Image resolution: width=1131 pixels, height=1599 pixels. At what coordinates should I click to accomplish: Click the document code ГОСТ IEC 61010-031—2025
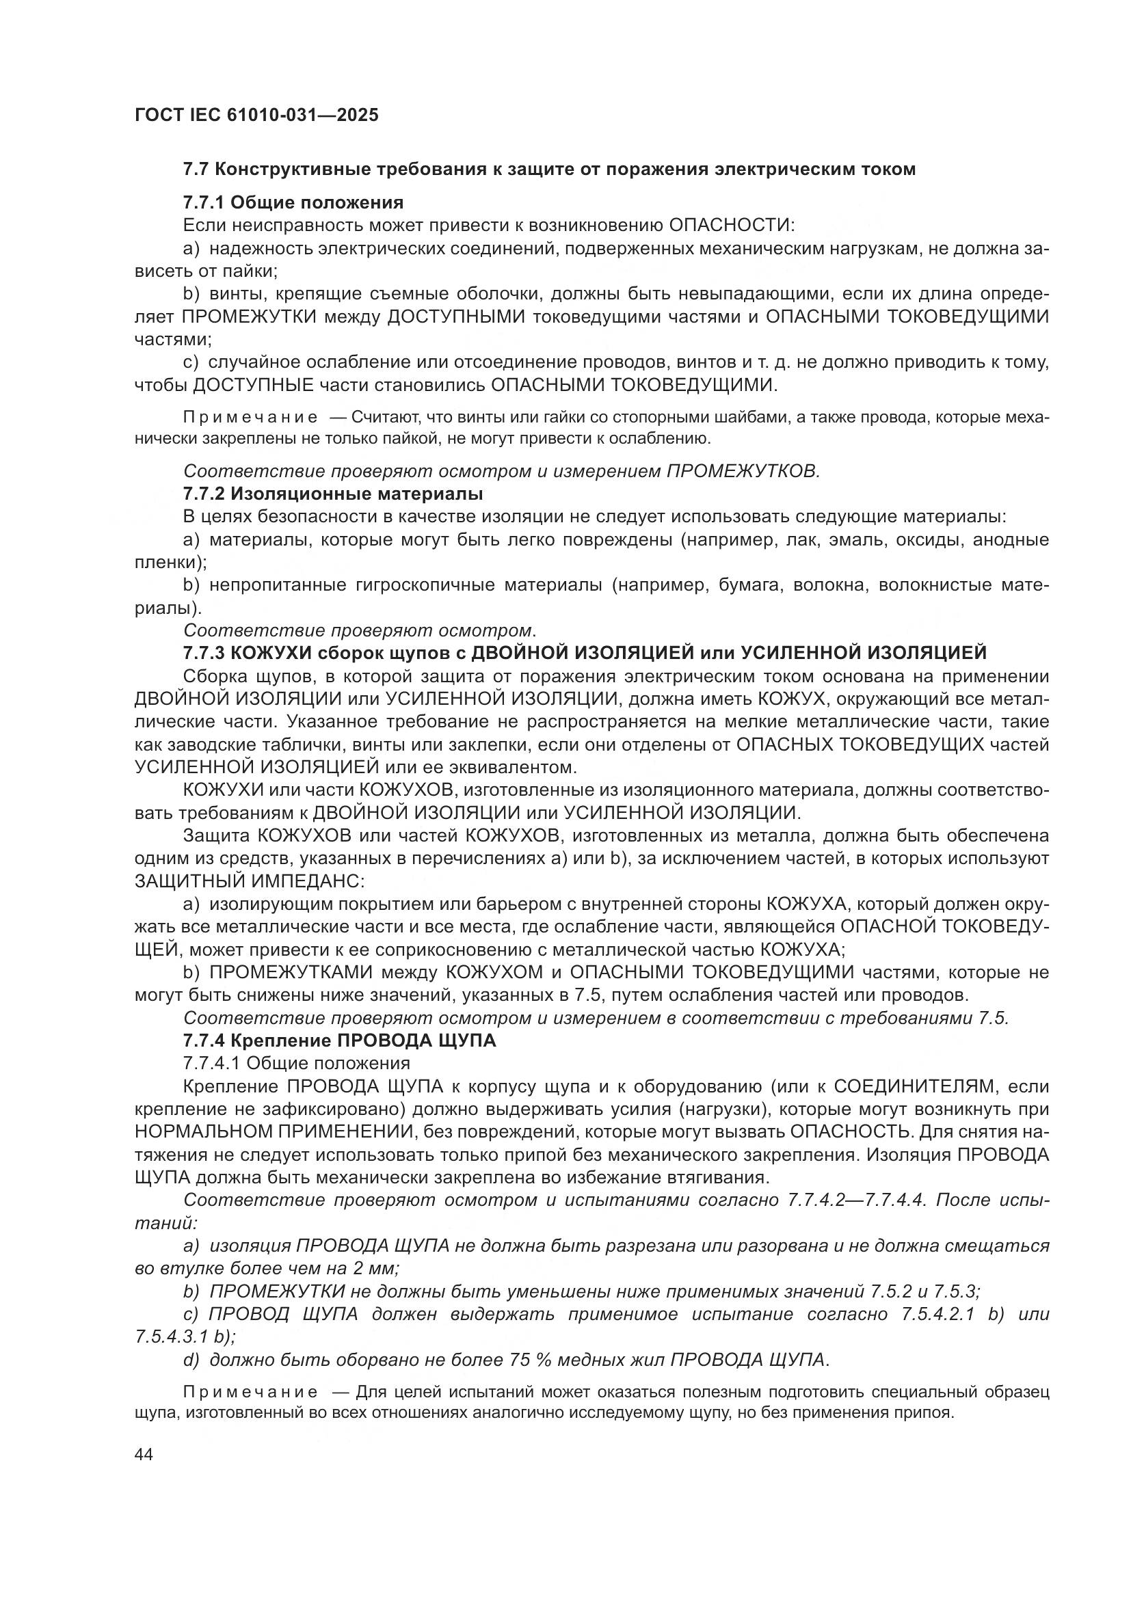pos(256,115)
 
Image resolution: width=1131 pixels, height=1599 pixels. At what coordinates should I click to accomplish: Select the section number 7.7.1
pos(203,202)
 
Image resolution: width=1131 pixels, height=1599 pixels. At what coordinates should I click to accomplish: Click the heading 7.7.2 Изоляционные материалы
pos(333,494)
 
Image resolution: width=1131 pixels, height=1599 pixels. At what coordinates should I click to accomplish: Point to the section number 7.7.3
pos(203,653)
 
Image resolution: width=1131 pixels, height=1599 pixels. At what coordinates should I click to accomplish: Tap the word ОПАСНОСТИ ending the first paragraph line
pos(731,226)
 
